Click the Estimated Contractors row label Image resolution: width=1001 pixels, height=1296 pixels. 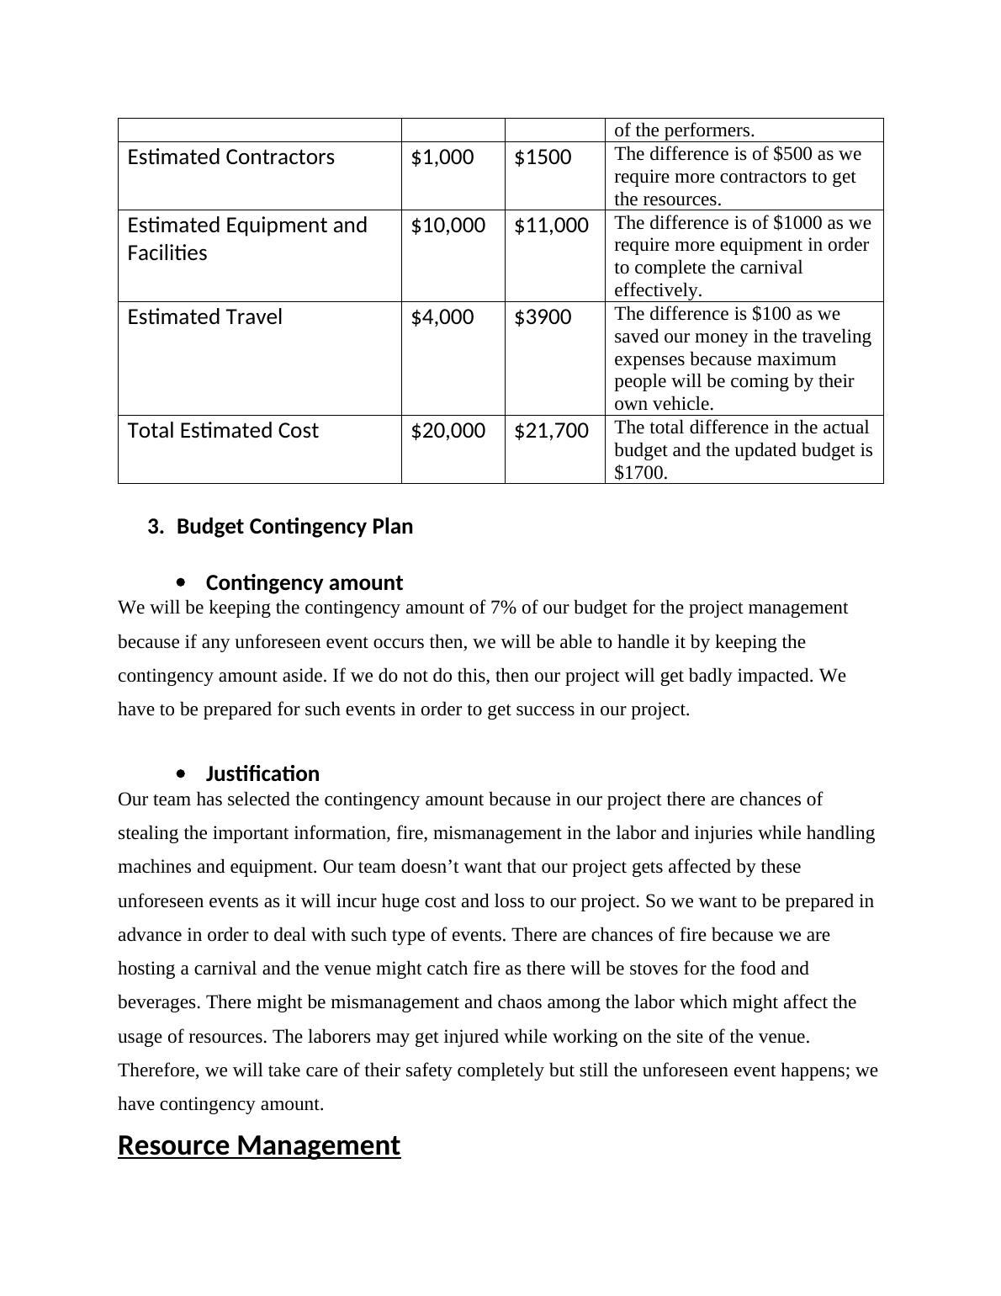pyautogui.click(x=230, y=157)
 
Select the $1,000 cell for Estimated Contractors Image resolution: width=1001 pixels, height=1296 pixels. pyautogui.click(x=442, y=157)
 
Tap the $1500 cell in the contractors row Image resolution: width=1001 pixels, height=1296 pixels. pyautogui.click(x=543, y=157)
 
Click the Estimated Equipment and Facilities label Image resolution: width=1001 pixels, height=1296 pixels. pyautogui.click(x=247, y=239)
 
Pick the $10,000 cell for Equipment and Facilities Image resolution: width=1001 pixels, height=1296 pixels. pyautogui.click(x=448, y=226)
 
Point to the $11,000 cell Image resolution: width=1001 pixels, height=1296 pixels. pyautogui.click(x=551, y=226)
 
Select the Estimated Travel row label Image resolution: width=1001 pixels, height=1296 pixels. pyautogui.click(x=204, y=317)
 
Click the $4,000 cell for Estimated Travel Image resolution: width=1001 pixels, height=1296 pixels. pyautogui.click(x=442, y=317)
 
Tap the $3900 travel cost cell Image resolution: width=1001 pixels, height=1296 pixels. pyautogui.click(x=543, y=317)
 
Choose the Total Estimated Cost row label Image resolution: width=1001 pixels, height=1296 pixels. pyautogui.click(x=223, y=431)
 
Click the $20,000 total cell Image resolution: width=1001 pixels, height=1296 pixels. pyautogui.click(x=448, y=431)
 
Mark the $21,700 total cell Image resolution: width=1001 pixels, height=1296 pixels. pyautogui.click(x=551, y=431)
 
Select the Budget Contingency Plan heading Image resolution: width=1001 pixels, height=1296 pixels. pyautogui.click(x=294, y=527)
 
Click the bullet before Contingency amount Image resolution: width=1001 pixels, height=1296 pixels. pyautogui.click(x=182, y=582)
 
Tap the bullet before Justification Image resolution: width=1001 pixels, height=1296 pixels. pyautogui.click(x=182, y=773)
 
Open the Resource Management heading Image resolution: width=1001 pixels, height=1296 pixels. pyautogui.click(x=259, y=1146)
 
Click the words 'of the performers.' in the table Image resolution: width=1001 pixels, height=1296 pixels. pyautogui.click(x=684, y=130)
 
